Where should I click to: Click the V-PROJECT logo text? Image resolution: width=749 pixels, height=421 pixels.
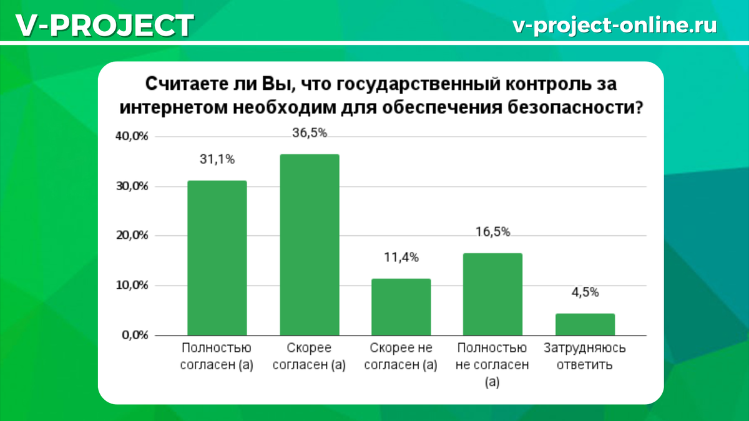(x=104, y=26)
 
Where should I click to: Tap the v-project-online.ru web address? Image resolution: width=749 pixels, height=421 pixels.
(x=614, y=25)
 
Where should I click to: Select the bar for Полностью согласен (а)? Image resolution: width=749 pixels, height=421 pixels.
(x=217, y=258)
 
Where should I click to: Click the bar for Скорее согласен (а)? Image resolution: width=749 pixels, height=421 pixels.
(x=310, y=244)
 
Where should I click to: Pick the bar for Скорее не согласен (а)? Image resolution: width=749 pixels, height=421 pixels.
(x=401, y=307)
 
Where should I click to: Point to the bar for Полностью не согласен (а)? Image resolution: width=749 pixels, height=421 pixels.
(x=492, y=294)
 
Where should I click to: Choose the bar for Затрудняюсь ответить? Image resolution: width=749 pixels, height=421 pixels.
(x=585, y=324)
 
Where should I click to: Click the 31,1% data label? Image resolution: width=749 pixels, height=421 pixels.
(x=217, y=160)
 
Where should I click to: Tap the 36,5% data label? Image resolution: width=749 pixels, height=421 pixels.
(x=310, y=133)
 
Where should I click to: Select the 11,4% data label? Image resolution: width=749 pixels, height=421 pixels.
(x=401, y=258)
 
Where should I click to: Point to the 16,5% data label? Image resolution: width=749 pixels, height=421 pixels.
(x=492, y=233)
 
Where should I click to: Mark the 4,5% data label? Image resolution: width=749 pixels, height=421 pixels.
(x=585, y=293)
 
